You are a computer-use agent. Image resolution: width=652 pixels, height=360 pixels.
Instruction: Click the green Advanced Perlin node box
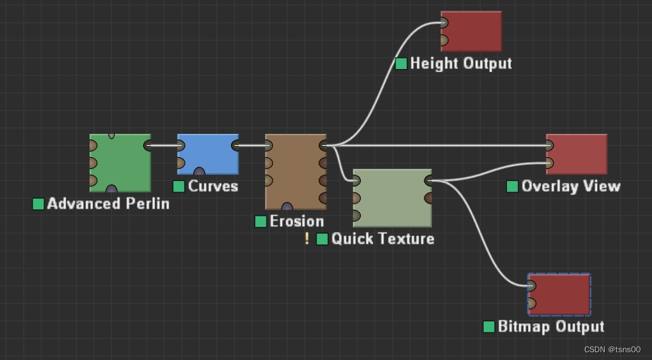pyautogui.click(x=120, y=163)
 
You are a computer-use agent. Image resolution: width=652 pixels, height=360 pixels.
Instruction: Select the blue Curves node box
pyautogui.click(x=208, y=154)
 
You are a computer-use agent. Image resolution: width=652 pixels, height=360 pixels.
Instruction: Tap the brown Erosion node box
pyautogui.click(x=295, y=171)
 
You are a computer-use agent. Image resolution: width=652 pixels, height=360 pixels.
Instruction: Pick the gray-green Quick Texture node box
pyautogui.click(x=392, y=197)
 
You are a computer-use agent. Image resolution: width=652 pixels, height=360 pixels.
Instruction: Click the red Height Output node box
pyautogui.click(x=471, y=31)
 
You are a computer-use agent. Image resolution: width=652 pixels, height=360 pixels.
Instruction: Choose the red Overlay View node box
pyautogui.click(x=576, y=154)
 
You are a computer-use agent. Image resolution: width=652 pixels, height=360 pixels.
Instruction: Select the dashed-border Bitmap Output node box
pyautogui.click(x=560, y=294)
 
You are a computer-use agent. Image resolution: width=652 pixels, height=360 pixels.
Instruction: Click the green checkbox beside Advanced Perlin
pyautogui.click(x=39, y=204)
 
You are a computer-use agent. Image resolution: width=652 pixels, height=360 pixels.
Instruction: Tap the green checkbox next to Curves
pyautogui.click(x=179, y=186)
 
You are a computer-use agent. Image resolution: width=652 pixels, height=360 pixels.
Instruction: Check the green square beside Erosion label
pyautogui.click(x=261, y=221)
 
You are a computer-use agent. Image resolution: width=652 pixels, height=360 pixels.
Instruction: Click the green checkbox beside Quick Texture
pyautogui.click(x=322, y=239)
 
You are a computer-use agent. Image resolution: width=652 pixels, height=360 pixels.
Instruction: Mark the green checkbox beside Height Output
pyautogui.click(x=401, y=63)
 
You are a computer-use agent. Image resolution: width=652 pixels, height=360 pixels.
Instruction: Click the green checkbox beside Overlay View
pyautogui.click(x=512, y=186)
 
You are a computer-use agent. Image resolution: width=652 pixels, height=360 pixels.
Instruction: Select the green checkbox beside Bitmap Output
pyautogui.click(x=489, y=327)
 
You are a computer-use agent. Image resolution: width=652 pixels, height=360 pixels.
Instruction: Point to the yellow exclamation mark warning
pyautogui.click(x=307, y=239)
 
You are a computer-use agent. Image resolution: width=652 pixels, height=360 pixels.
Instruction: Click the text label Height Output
pyautogui.click(x=461, y=63)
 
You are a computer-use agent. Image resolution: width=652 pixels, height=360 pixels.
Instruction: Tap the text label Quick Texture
pyautogui.click(x=383, y=239)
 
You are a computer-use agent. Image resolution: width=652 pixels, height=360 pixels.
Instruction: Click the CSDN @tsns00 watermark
pyautogui.click(x=612, y=349)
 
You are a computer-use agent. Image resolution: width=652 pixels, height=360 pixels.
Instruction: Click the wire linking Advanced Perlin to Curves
pyautogui.click(x=164, y=146)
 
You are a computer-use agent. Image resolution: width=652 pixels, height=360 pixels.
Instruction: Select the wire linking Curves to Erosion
pyautogui.click(x=252, y=146)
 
